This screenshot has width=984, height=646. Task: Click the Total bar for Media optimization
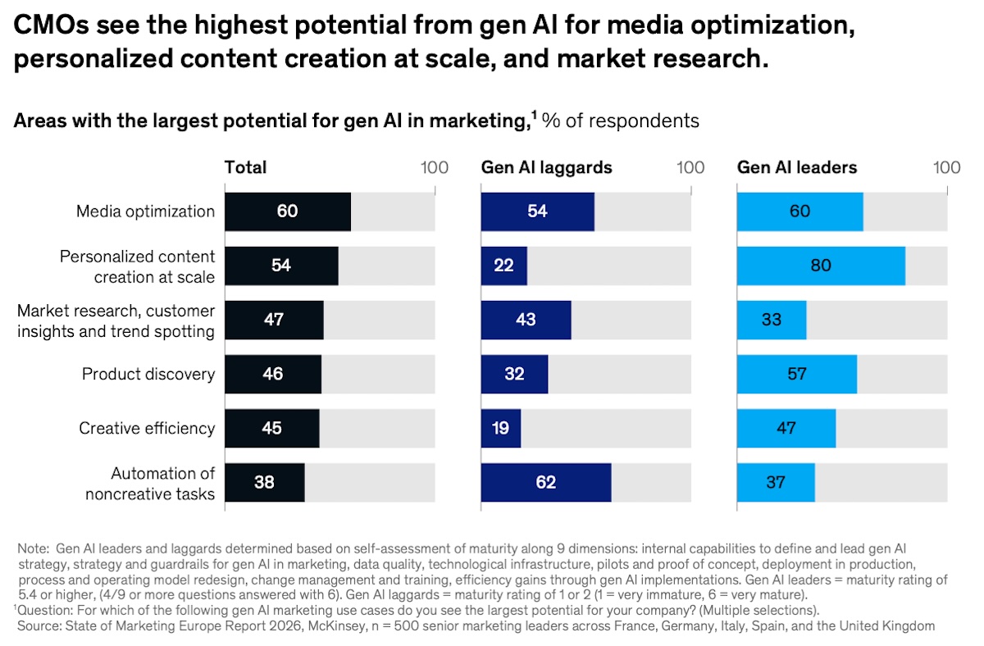point(288,212)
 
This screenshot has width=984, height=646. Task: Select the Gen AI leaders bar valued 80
point(821,266)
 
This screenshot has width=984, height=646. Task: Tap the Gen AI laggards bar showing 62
point(546,482)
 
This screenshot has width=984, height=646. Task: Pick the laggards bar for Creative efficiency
point(501,428)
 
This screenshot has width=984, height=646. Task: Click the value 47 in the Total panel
point(274,320)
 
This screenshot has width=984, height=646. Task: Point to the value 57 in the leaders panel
point(797,374)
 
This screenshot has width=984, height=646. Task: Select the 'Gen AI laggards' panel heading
point(546,167)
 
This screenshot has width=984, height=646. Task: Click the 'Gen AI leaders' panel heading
point(797,167)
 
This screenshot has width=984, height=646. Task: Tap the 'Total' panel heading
point(246,167)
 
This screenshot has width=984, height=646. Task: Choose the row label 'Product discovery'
point(148,374)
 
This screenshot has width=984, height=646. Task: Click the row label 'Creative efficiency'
point(147,428)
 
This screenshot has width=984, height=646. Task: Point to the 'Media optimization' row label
point(145,212)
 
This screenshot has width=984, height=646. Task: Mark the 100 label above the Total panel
point(435,167)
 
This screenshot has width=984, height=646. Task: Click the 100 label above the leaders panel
point(946,167)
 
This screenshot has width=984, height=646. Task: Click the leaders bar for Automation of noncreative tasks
point(776,482)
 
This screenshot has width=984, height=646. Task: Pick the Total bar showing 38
point(264,482)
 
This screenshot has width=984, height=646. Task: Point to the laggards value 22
point(503,266)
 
